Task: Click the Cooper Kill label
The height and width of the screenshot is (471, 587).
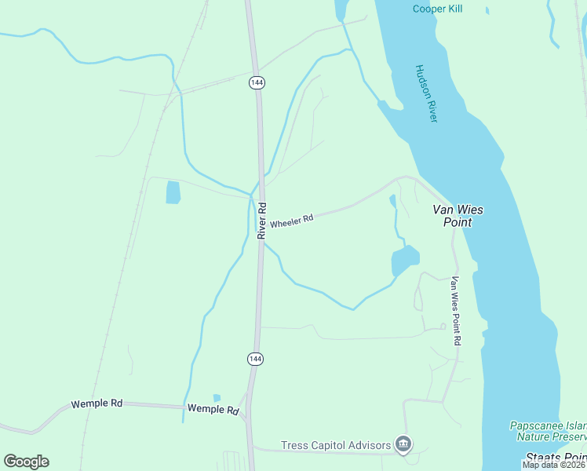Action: point(437,9)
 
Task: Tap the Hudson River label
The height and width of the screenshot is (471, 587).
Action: point(426,93)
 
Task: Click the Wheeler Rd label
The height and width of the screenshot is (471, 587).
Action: point(292,221)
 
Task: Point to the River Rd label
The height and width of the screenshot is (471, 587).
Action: point(262,221)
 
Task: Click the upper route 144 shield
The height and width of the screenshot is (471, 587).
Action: point(257,82)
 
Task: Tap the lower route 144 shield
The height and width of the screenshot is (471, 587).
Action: point(254,359)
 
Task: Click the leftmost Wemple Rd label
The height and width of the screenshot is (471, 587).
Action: point(97,403)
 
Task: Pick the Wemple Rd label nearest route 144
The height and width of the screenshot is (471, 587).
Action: point(213,410)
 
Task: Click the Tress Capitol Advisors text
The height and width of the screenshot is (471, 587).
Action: point(337,445)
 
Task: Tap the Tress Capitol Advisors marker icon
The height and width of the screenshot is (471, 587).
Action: point(403,445)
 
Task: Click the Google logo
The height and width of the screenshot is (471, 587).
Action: point(26,461)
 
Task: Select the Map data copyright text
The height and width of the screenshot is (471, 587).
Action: point(553,465)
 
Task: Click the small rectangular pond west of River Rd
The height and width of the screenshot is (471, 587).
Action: point(173,192)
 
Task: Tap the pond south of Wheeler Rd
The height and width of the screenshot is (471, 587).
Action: point(405,259)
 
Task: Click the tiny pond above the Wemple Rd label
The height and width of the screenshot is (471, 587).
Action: point(217,398)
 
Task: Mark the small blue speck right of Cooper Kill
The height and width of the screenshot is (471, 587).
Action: point(487,11)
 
